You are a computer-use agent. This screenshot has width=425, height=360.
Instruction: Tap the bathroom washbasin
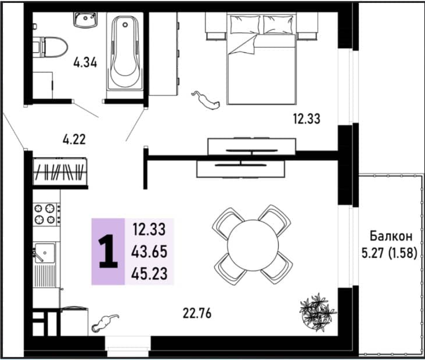85,20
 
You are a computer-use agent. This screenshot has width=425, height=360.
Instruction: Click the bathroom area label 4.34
85,63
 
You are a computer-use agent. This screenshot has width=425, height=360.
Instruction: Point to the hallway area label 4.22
74,139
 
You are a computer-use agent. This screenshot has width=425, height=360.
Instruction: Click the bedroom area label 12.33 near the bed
307,118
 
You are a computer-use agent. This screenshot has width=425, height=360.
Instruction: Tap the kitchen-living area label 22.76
197,314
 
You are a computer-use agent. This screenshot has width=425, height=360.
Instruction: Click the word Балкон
391,236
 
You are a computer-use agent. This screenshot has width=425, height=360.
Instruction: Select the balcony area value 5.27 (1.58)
389,253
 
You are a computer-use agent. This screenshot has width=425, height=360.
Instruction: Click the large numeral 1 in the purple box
108,251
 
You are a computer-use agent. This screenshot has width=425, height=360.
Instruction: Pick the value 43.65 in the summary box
149,252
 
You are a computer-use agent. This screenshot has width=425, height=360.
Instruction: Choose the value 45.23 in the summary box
149,273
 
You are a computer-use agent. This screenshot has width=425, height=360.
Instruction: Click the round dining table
253,246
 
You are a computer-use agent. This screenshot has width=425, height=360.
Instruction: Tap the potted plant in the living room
318,312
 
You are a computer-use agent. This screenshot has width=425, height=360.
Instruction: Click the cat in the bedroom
206,100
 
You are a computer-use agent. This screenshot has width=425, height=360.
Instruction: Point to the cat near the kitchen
105,323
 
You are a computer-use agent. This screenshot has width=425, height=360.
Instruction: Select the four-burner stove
46,214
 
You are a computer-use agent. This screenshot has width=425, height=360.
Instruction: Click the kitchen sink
45,253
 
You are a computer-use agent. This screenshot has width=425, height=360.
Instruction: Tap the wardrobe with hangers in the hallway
60,172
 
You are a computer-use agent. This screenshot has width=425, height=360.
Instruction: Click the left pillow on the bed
245,24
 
